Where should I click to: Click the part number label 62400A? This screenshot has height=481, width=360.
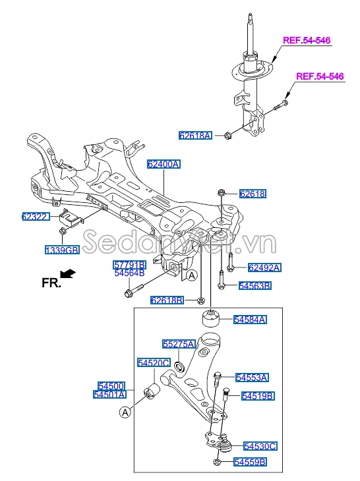163,165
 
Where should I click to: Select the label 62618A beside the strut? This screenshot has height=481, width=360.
195,136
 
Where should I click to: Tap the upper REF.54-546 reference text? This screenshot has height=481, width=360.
307,41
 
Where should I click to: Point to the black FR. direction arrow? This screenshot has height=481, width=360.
67,273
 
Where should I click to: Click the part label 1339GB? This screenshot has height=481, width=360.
62,250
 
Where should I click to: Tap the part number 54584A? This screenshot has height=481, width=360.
249,320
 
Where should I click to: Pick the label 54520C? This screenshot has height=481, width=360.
154,362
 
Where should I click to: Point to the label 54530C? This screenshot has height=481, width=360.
260,446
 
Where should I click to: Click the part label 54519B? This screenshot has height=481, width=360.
258,395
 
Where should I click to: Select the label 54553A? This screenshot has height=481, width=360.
252,378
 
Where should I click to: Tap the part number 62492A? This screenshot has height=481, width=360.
264,268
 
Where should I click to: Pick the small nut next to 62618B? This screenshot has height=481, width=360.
200,301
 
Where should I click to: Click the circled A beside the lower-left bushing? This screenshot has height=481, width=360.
125,412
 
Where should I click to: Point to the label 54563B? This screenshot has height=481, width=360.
255,285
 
